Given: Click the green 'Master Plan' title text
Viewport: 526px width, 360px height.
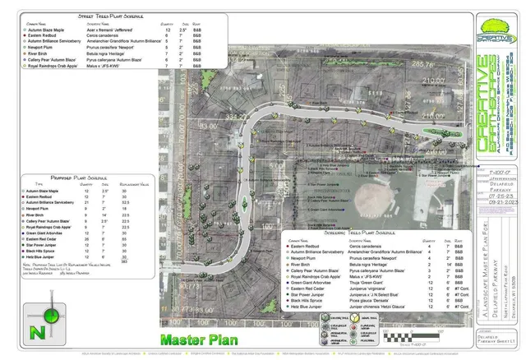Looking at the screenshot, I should [199, 339].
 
